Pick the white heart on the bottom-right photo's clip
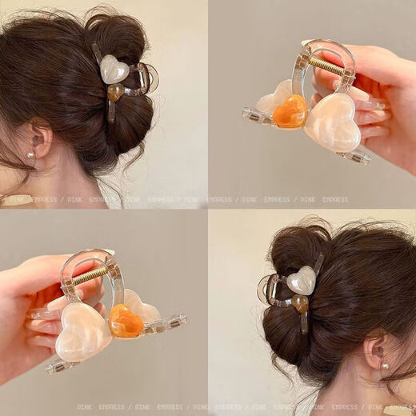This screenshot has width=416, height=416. click(301, 280)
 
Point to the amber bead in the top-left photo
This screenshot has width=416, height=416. click(116, 93)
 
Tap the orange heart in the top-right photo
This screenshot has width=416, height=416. click(290, 112)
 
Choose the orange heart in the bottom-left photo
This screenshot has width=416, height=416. click(126, 321)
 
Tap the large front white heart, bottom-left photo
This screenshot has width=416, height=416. click(82, 331)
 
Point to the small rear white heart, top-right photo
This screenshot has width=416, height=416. click(272, 99)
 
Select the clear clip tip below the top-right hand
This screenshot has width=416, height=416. click(357, 156)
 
